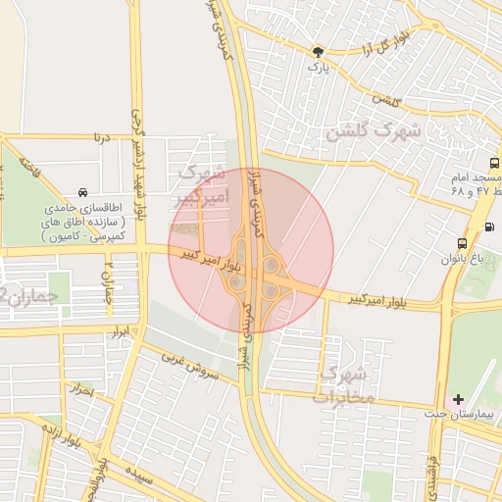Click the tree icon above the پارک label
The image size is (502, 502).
point(317,51)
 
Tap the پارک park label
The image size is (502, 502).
point(316,68)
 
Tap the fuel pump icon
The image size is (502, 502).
point(490,228)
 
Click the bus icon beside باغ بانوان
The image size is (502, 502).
point(462,244)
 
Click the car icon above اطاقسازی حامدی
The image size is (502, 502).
point(83,192)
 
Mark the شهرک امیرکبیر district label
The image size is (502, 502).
point(199,184)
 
